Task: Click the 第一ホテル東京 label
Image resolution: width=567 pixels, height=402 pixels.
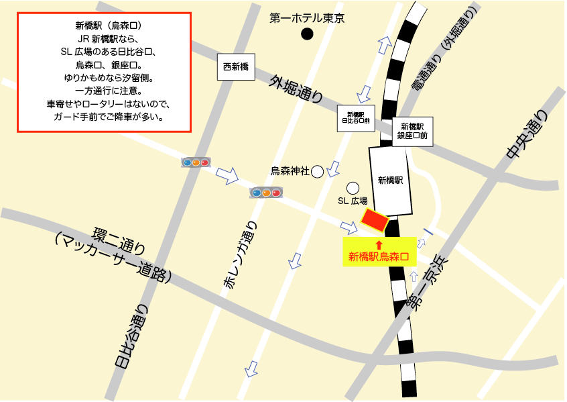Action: coord(306,19)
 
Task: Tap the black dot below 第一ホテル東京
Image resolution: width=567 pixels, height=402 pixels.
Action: coord(307,34)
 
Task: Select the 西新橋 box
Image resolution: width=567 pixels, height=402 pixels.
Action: coord(236,67)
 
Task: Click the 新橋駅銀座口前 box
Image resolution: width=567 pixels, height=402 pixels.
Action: coord(412,131)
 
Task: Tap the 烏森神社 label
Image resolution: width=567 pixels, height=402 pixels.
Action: coord(290,171)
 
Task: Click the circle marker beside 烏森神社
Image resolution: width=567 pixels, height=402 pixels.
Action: coord(317,172)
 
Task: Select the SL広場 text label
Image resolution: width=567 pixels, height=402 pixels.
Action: coord(352,201)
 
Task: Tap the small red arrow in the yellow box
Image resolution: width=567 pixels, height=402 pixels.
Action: coord(378,245)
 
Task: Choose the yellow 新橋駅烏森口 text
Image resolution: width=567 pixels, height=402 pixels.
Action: coord(379,256)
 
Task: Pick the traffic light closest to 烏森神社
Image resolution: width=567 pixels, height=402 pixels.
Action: coord(265,193)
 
